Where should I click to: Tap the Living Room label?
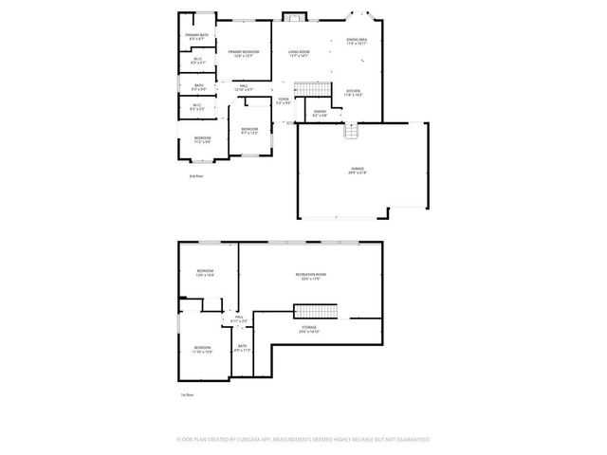point(300,53)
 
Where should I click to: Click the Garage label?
point(357,171)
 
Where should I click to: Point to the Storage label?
point(309,329)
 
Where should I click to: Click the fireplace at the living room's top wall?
point(296,17)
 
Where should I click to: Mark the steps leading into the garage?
point(352,131)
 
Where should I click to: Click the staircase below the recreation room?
point(315,311)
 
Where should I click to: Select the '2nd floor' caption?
point(196,176)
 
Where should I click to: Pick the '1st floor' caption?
point(187,394)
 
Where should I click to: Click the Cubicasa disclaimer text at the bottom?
point(303,440)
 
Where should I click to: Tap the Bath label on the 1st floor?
point(243,348)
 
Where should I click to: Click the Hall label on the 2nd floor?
point(244,87)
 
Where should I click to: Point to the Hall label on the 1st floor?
point(239,319)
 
